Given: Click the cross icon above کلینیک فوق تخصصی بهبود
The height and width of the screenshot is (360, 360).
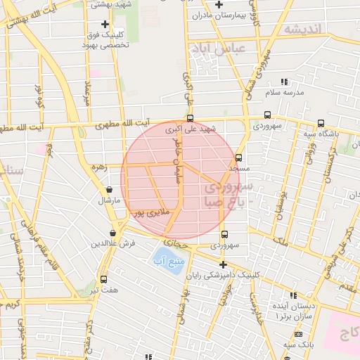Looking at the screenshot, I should pos(105,24).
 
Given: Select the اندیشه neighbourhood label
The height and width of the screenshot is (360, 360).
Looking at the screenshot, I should pos(302,29).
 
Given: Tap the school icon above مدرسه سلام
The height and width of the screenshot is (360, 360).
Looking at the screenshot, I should pos(284,82).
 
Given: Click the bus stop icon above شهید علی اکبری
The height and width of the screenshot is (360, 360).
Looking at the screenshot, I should pos(190,118).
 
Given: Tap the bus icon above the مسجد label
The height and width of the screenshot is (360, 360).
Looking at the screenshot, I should pos(239,157).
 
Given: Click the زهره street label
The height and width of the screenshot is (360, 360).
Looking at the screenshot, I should pos(98,167).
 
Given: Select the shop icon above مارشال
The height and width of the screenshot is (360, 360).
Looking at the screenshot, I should pos(109,189).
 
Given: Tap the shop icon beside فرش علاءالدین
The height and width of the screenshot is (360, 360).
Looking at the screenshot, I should pos(113,233).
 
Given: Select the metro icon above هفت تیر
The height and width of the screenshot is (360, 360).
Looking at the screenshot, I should pos(104,279).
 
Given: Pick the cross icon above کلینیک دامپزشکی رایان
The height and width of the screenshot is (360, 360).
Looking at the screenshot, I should pos(224,265).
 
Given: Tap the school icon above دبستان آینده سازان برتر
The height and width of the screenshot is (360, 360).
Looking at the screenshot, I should pos(293,295).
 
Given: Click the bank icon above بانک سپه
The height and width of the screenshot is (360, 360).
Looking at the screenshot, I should pos(298,334).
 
